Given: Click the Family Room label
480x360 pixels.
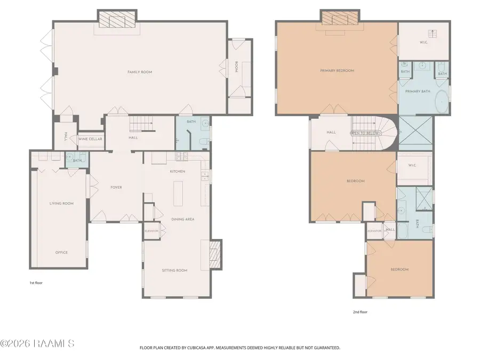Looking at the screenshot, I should coord(139,72).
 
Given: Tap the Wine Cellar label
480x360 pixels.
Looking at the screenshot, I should coord(90,139).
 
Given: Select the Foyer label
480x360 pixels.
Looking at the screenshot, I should coord(116,187).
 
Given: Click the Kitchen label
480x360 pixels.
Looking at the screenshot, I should coord(177,171).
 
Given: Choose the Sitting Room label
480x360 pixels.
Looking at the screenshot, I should coord(174,270).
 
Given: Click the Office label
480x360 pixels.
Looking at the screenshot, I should coord(61,252).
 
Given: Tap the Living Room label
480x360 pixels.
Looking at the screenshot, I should coord(61,203).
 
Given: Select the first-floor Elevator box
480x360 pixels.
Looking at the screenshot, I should coord(152,231).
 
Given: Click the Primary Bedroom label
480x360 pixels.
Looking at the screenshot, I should coord(337,70).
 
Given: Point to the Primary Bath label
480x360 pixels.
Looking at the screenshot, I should coord(417,91).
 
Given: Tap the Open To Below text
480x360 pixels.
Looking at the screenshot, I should coord(365,133).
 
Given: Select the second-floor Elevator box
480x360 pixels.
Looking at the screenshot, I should coord(374,231).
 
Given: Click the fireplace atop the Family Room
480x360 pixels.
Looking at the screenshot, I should coord(116,20).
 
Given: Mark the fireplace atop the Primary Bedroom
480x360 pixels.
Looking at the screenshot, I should coord(339,19).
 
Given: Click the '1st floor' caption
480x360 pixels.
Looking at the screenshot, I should coord(36,283).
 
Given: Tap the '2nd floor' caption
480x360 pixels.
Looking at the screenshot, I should coord(361,312).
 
